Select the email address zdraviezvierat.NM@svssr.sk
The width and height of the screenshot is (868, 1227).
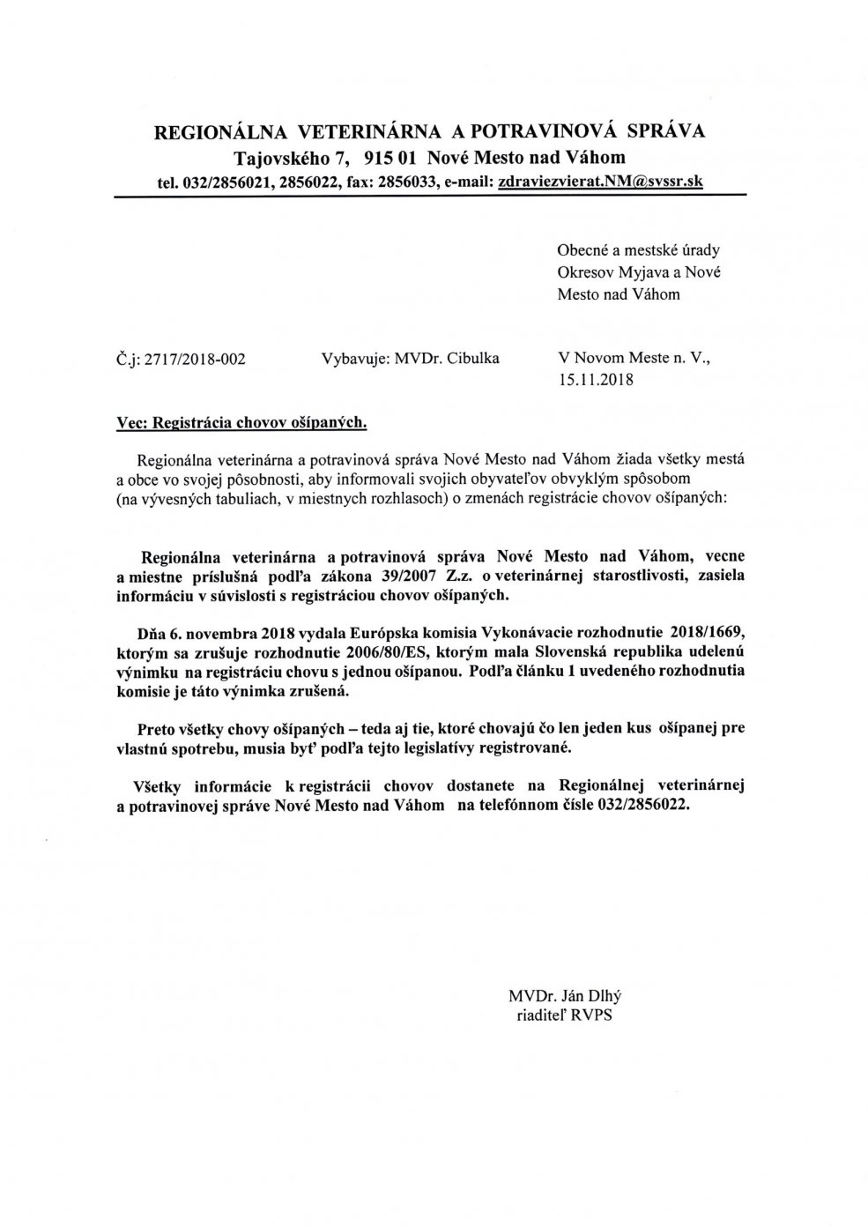(600, 182)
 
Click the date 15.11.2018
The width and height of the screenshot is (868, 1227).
(596, 381)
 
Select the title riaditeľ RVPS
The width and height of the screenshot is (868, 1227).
(564, 1016)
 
